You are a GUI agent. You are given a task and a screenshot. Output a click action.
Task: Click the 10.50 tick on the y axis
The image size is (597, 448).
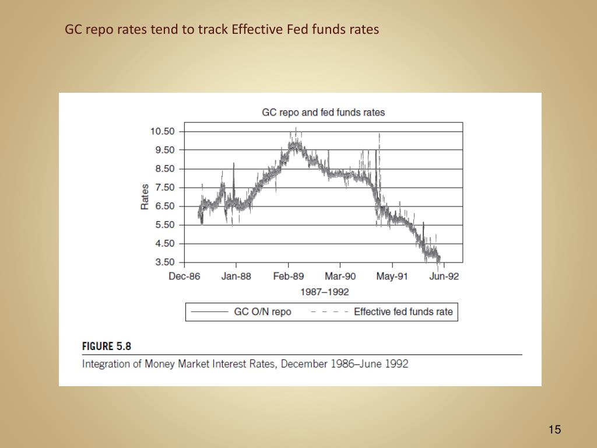tap(162, 131)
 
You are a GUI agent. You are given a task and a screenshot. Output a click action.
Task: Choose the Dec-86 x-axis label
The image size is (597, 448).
tap(184, 276)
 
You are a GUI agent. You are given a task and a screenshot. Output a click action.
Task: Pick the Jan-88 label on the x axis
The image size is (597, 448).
tap(236, 276)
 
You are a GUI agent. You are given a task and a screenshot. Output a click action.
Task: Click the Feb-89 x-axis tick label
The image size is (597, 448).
tap(288, 276)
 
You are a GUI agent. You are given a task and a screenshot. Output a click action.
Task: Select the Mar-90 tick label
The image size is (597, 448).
tap(340, 276)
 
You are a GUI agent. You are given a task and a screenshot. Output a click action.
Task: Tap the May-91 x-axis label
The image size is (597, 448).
tap(392, 276)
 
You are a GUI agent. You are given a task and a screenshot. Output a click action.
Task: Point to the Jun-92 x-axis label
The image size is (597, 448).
tap(444, 276)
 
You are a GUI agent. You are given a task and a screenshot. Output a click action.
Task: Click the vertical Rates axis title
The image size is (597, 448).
tap(145, 197)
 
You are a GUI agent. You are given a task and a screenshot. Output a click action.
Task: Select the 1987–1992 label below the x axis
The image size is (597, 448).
tap(324, 291)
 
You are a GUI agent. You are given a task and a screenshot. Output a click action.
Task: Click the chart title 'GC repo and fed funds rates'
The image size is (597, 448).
tap(323, 112)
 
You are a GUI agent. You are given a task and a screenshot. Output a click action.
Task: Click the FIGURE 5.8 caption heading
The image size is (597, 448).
tap(107, 346)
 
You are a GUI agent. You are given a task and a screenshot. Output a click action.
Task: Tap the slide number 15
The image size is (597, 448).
tap(554, 430)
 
